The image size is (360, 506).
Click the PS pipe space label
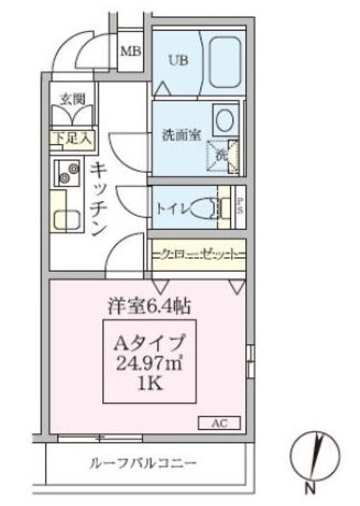coord(240,207)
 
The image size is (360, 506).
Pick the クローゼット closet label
coord(198,255)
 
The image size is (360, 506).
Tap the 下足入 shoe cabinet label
coord(71,138)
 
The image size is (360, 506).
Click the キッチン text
coord(98,198)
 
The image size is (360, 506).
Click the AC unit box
coord(225,422)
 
